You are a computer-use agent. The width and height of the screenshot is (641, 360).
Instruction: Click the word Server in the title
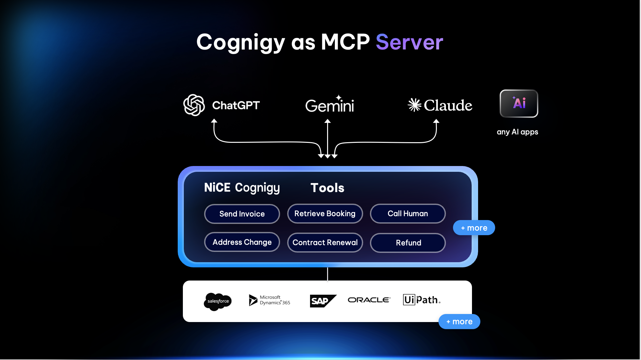pyautogui.click(x=409, y=42)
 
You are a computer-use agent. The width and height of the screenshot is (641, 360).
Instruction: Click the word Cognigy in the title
pyautogui.click(x=240, y=43)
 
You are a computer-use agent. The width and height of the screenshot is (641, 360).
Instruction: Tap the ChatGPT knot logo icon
pyautogui.click(x=194, y=105)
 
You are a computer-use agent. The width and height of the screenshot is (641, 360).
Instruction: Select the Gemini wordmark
pyautogui.click(x=329, y=105)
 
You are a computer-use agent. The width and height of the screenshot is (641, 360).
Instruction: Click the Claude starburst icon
pyautogui.click(x=414, y=105)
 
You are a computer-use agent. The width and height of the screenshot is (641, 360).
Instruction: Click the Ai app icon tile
pyautogui.click(x=519, y=104)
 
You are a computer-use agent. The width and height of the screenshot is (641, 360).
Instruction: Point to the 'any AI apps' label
pyautogui.click(x=517, y=132)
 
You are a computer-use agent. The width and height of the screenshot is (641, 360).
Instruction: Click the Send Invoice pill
pyautogui.click(x=242, y=214)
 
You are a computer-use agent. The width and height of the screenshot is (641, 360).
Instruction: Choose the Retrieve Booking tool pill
pyautogui.click(x=325, y=214)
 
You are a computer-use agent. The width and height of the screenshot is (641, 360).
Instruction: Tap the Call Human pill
pyautogui.click(x=408, y=214)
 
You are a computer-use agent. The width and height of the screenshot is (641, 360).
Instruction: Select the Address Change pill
pyautogui.click(x=242, y=242)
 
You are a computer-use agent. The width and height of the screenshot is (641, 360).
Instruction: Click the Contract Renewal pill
pyautogui.click(x=325, y=243)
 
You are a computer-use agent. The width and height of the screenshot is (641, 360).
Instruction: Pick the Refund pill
pyautogui.click(x=408, y=243)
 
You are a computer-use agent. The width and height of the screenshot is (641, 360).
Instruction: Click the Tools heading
pyautogui.click(x=327, y=188)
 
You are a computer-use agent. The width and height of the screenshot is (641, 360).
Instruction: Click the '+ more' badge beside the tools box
pyautogui.click(x=474, y=228)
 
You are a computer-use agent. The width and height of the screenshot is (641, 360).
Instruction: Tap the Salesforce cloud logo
pyautogui.click(x=218, y=301)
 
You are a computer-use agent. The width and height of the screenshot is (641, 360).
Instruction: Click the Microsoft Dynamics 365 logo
pyautogui.click(x=269, y=300)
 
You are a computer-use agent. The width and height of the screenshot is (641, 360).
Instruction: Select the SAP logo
pyautogui.click(x=322, y=301)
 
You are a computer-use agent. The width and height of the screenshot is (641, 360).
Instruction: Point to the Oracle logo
pyautogui.click(x=369, y=300)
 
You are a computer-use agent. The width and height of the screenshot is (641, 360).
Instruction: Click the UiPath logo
pyautogui.click(x=421, y=300)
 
